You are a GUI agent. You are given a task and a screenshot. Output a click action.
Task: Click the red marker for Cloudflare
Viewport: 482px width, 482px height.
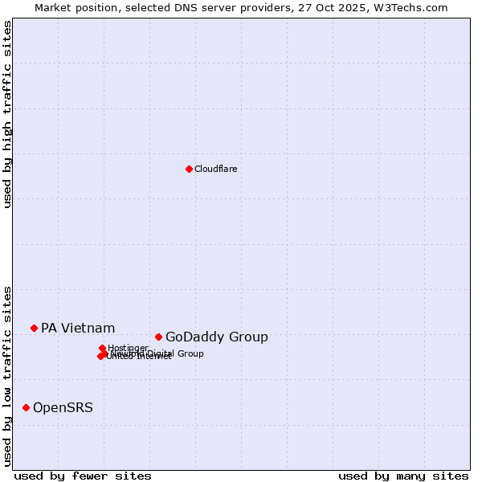tap(189, 169)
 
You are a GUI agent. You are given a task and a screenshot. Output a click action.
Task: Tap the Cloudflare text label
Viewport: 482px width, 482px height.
tap(215, 169)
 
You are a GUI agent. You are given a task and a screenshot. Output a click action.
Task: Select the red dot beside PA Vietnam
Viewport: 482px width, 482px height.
tap(34, 328)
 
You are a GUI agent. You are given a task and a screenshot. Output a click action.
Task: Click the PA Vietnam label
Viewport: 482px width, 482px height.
tap(78, 328)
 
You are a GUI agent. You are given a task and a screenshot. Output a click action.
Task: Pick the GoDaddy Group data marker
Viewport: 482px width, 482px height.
tap(158, 337)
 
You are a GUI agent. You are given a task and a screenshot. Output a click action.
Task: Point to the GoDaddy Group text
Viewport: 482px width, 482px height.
tap(217, 337)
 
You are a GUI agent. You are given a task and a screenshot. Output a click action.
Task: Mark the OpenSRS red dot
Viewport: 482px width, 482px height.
tap(26, 407)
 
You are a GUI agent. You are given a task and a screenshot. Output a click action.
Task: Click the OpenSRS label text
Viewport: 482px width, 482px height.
tap(63, 408)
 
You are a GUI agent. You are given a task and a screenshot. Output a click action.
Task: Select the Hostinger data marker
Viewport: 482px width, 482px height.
tap(102, 348)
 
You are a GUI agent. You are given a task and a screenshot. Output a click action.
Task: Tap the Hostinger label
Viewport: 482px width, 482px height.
tap(128, 348)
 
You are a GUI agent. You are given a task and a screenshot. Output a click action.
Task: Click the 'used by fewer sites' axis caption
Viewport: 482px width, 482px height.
tap(83, 476)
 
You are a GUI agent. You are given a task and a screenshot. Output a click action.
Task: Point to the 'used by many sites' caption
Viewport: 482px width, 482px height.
tap(403, 476)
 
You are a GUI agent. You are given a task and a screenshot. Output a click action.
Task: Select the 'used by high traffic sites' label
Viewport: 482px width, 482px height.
tap(7, 114)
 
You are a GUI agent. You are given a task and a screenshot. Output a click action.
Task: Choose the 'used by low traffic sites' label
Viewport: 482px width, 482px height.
tap(7, 376)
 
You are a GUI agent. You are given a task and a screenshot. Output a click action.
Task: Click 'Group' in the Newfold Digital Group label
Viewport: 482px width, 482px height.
tap(190, 353)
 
